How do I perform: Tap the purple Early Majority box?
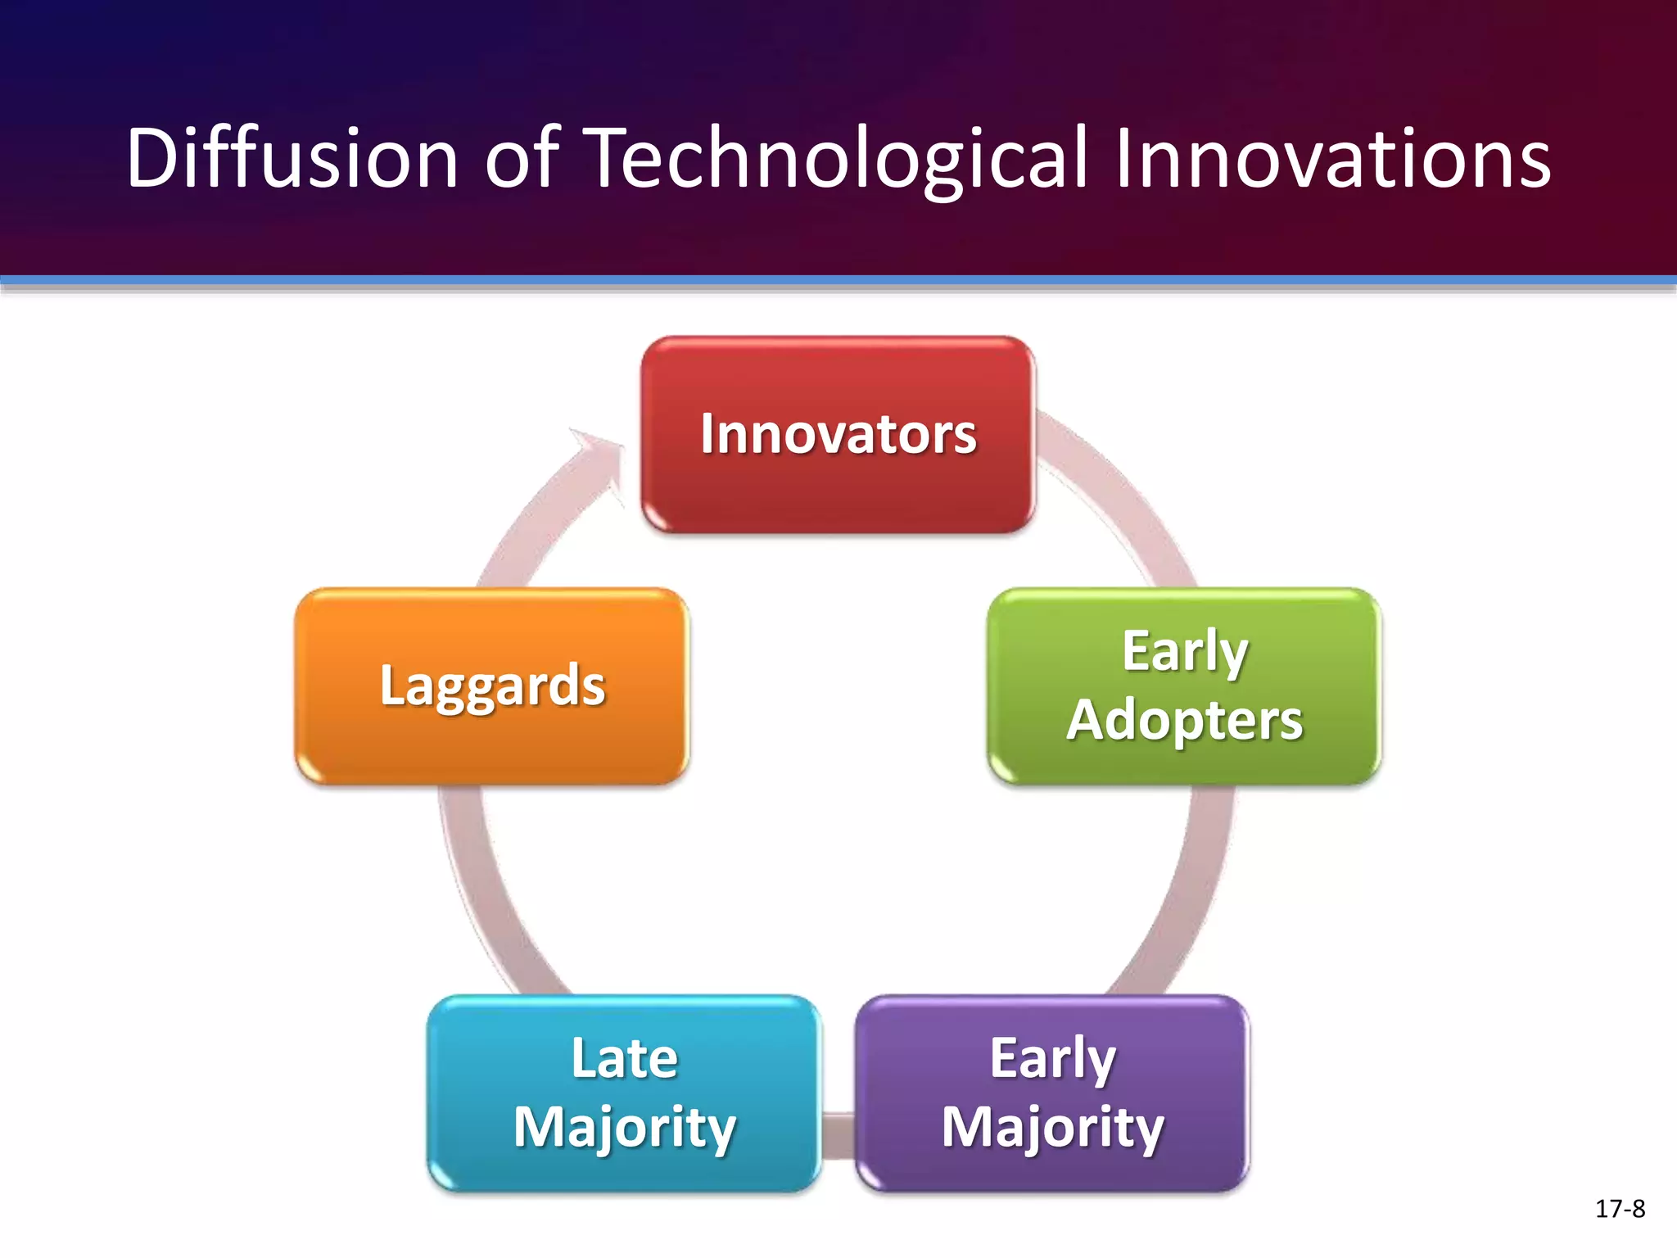1052,1171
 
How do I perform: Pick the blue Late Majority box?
624,1171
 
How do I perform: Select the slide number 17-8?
1620,1209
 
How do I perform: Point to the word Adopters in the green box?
1184,721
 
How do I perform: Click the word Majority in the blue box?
624,1127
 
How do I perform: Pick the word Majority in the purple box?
1052,1127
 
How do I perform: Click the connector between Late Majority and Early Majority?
838,1135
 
